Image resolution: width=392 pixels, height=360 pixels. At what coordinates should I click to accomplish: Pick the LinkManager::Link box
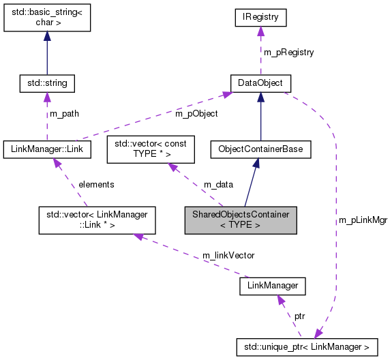47,148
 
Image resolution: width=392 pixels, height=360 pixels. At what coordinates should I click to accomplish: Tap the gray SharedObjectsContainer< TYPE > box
241,220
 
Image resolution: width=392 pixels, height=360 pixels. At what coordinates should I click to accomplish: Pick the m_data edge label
217,185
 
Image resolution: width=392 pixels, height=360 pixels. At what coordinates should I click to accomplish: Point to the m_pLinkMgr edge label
362,220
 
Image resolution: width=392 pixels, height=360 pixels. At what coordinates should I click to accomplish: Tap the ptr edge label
299,317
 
